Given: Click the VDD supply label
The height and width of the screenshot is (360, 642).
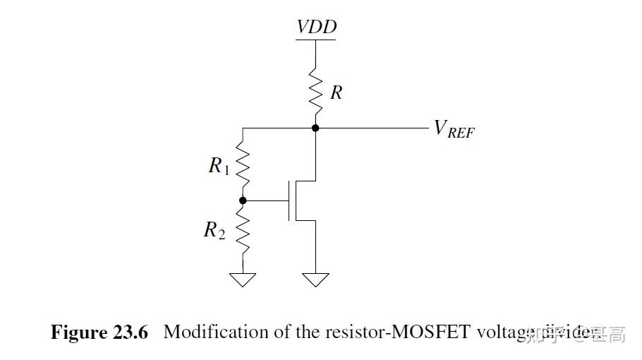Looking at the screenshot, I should (x=316, y=27).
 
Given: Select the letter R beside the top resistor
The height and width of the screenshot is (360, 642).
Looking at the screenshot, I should (x=337, y=92).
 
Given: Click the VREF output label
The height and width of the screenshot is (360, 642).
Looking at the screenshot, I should (x=454, y=129).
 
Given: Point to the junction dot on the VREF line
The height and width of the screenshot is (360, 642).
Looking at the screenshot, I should (x=316, y=128).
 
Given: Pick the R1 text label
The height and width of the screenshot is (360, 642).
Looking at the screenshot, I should (x=219, y=166).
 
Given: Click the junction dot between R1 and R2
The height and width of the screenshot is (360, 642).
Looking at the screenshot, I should (x=243, y=200).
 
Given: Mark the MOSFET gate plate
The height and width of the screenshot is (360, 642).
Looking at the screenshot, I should (x=289, y=200).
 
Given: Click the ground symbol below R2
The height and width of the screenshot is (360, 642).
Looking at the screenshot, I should (x=243, y=280).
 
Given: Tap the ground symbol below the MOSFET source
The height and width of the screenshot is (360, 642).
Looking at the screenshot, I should (x=316, y=280).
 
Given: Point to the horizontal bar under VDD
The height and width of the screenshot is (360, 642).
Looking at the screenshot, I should (x=316, y=39).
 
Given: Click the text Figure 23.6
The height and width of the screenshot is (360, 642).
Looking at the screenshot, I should (x=99, y=332).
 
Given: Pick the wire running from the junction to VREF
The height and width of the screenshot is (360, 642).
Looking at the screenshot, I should (x=370, y=128).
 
